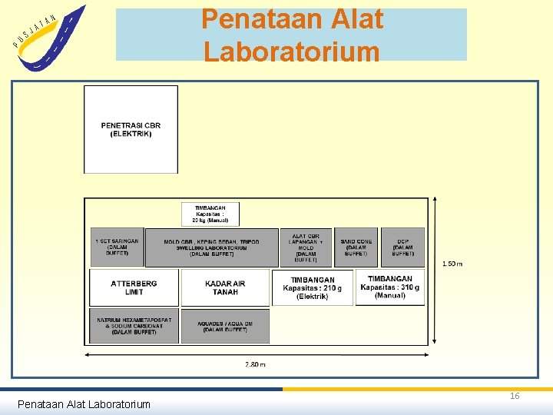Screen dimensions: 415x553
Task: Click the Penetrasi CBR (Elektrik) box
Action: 131,129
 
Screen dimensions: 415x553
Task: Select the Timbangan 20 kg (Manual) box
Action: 210,214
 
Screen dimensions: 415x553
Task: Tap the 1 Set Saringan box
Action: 117,247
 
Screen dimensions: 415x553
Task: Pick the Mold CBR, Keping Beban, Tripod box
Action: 211,247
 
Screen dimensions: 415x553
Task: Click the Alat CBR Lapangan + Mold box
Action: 306,247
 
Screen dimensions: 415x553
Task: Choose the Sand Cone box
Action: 356,247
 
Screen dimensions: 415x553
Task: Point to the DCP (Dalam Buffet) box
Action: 402,247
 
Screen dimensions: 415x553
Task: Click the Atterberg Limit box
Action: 134,287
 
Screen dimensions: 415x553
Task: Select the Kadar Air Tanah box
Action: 225,287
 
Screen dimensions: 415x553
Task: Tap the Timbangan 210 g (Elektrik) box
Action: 313,287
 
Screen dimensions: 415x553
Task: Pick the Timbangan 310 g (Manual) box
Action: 389,287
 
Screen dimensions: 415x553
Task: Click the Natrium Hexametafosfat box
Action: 134,326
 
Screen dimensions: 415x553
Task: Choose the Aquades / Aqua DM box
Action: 225,326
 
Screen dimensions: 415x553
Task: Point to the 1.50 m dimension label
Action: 452,264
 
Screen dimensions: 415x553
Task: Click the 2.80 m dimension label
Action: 256,364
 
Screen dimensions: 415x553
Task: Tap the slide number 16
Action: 515,396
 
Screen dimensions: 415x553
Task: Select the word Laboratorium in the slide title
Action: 292,51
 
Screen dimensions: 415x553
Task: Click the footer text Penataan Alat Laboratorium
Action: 84,403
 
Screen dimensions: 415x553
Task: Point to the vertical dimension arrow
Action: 436,269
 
